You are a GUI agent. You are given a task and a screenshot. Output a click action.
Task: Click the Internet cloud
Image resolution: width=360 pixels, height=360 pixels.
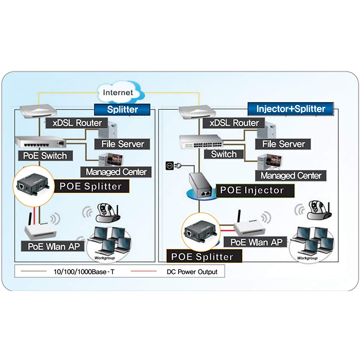tap(118, 92)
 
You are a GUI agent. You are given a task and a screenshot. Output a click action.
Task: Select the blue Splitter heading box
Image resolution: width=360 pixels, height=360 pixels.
tap(122, 109)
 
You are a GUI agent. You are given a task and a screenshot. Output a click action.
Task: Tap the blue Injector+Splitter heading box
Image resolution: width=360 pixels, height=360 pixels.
tap(290, 109)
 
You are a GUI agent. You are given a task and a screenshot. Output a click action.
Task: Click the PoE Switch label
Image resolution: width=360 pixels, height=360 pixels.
tap(45, 156)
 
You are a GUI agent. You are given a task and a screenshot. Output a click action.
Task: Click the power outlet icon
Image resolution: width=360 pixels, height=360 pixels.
tap(169, 165)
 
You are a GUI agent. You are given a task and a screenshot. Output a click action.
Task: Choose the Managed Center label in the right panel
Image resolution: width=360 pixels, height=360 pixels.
tap(290, 175)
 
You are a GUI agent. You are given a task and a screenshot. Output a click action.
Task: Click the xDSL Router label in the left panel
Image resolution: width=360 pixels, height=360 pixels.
tap(77, 123)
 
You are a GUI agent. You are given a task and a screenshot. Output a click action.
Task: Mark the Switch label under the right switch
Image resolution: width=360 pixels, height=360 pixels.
tap(224, 154)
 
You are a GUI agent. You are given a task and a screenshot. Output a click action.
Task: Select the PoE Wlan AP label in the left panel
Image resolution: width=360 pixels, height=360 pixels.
tap(53, 246)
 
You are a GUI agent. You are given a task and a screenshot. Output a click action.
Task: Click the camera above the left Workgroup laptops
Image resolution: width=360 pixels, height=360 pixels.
tap(107, 212)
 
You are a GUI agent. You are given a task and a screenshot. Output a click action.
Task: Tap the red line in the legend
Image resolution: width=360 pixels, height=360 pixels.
tap(143, 271)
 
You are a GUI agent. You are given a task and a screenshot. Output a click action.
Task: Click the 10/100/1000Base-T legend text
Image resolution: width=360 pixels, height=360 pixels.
tap(84, 272)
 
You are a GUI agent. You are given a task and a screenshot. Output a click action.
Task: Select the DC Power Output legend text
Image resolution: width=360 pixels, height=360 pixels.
tap(192, 272)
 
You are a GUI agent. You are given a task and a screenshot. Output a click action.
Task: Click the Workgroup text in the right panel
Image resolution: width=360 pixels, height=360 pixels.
tap(307, 258)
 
